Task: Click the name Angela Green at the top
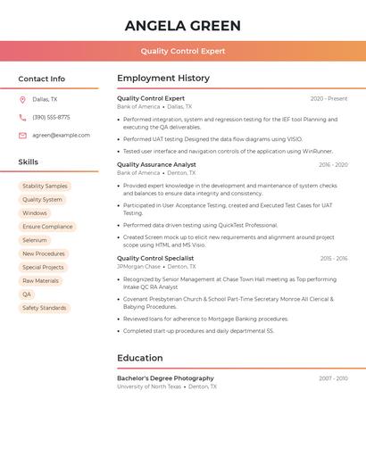click(x=183, y=24)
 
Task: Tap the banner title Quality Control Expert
click(x=183, y=51)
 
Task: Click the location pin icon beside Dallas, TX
click(x=22, y=100)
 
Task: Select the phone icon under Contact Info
click(x=22, y=118)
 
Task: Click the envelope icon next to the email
click(x=22, y=136)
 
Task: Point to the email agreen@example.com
click(x=61, y=136)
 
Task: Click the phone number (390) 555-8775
click(x=51, y=118)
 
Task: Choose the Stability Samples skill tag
click(x=45, y=187)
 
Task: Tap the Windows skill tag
click(x=35, y=213)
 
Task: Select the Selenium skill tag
click(x=35, y=240)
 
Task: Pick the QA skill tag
click(x=27, y=295)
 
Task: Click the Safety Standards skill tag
click(x=45, y=308)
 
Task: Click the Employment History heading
click(x=163, y=79)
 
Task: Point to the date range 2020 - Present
click(x=329, y=99)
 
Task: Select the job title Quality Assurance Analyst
click(x=156, y=165)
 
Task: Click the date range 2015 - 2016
click(x=334, y=259)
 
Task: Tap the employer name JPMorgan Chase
click(x=138, y=267)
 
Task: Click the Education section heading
click(x=140, y=358)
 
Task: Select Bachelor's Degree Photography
click(x=165, y=378)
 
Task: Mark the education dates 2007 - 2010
click(x=333, y=378)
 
